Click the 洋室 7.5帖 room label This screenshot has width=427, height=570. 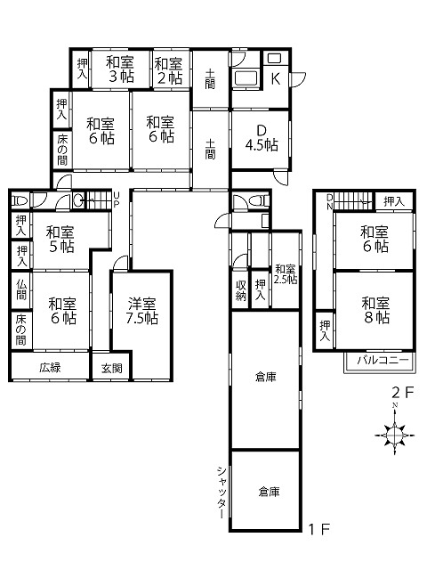[x=142, y=311]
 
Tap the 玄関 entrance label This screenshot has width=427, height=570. [x=111, y=368]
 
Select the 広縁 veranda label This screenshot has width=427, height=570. [x=50, y=367]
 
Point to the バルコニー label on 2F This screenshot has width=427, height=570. [x=383, y=360]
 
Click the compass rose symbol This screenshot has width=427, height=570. [x=395, y=434]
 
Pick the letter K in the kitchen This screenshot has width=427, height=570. [x=276, y=78]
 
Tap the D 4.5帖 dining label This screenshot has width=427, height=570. [x=262, y=138]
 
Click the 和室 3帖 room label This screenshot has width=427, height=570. [x=120, y=69]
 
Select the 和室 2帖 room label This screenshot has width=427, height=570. [x=168, y=71]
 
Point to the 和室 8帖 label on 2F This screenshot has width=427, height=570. [x=375, y=310]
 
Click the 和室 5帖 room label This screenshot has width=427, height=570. [x=60, y=240]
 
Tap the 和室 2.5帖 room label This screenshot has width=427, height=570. [x=286, y=274]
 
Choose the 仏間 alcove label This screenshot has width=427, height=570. [x=21, y=289]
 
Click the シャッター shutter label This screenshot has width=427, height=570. [x=222, y=493]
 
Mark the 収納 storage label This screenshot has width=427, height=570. [x=241, y=290]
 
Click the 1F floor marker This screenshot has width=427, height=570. [x=318, y=529]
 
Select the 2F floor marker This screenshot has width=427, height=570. [x=403, y=393]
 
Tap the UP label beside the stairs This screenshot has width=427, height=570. [x=117, y=199]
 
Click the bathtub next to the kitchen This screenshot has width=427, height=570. [x=246, y=78]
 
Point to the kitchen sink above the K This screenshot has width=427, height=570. [x=275, y=59]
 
